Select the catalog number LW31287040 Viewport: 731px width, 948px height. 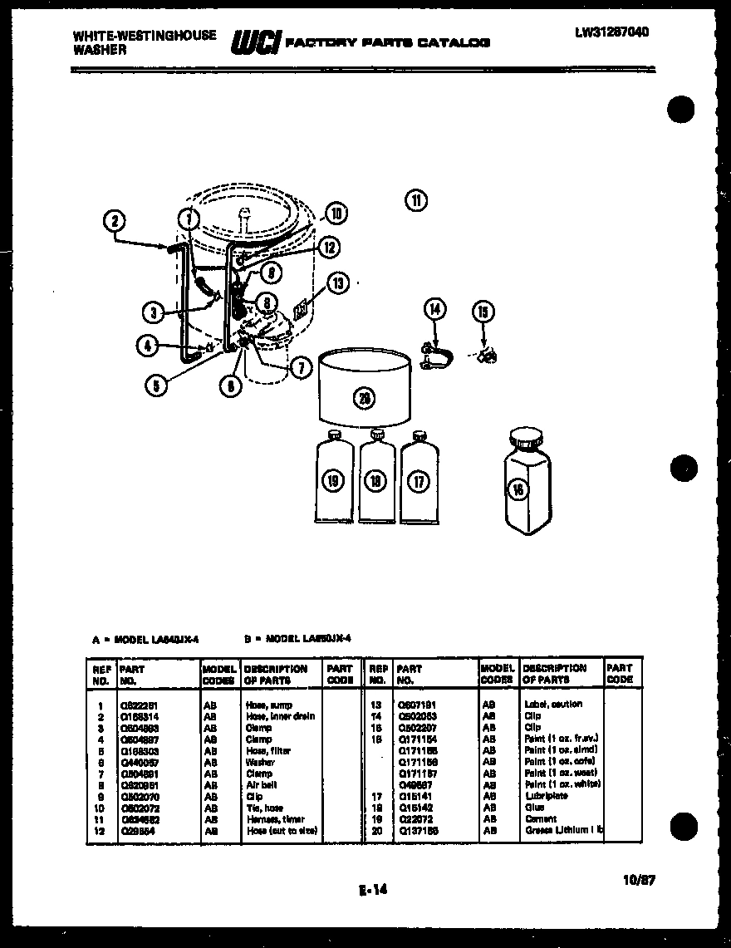pos(611,32)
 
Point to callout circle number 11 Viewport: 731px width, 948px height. pos(415,199)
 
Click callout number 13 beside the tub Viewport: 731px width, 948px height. pos(337,284)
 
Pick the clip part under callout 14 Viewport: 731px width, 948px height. pos(437,358)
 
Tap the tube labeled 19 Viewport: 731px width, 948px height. pos(332,481)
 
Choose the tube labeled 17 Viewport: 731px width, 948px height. pos(419,480)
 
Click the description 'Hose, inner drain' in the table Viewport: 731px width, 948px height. pos(280,716)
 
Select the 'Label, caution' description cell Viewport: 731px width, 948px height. pos(553,704)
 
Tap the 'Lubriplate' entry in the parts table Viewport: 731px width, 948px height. pos(545,795)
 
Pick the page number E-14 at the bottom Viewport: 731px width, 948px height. pos(374,891)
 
